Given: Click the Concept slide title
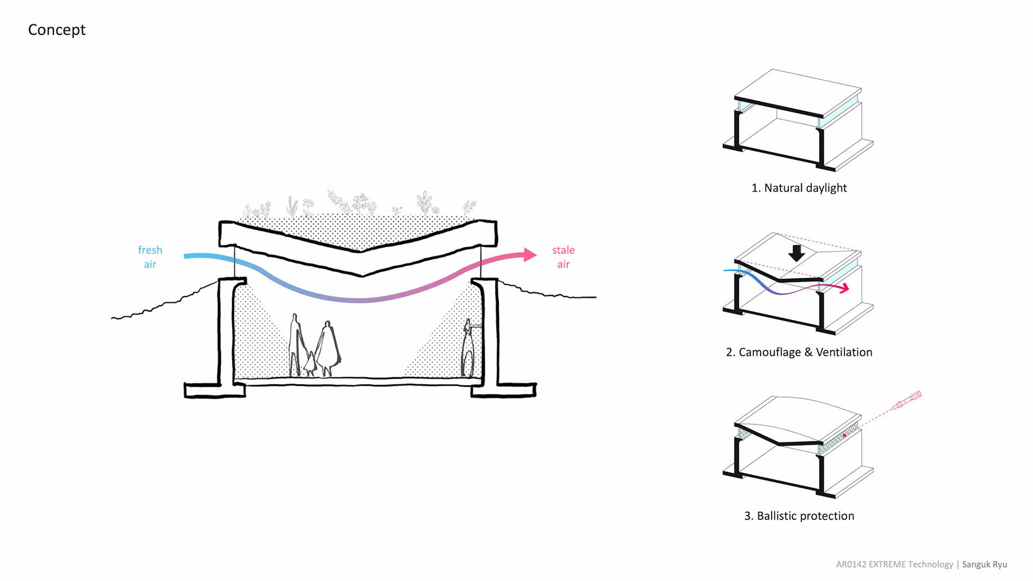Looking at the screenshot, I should point(56,30).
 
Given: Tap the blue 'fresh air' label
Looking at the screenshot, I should point(150,257).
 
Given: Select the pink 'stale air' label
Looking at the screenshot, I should point(563,257).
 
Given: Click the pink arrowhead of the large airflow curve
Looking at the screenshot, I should point(529,254).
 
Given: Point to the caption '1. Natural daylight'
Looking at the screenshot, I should point(799,188).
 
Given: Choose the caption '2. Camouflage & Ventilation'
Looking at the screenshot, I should point(799,352).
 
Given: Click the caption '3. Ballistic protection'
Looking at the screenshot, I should point(799,516).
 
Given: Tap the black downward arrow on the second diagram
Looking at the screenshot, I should point(797,253).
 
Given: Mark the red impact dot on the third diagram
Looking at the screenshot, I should point(845,435).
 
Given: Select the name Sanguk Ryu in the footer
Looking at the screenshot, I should point(985,564).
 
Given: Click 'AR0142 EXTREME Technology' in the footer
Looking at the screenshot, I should point(894,564).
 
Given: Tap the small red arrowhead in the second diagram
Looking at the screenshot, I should point(846,288).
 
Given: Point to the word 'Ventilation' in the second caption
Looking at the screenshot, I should point(844,352).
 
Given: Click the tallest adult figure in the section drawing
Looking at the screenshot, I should point(295,344).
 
